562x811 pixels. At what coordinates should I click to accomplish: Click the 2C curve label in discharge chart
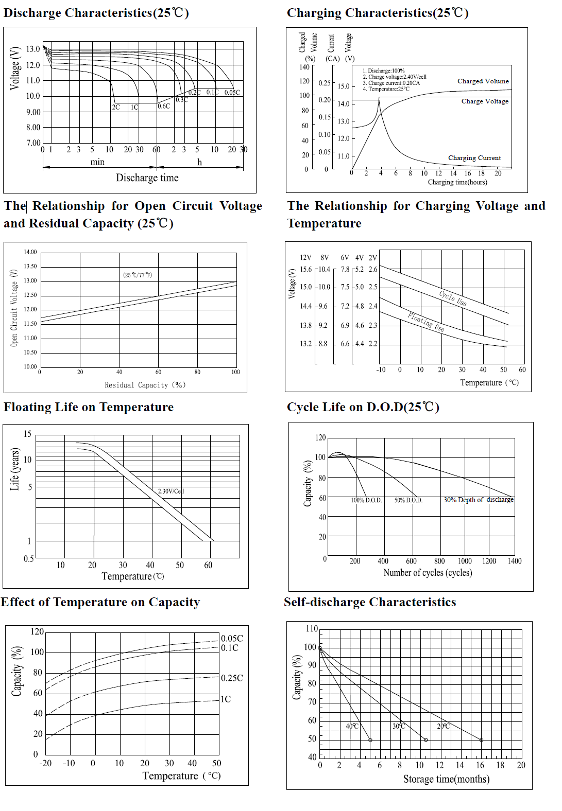pos(116,107)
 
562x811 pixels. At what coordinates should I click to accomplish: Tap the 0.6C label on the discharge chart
pos(164,106)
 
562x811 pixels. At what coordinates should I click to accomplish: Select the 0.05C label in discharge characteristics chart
pos(232,93)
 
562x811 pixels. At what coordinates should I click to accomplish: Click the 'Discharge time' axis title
pos(147,178)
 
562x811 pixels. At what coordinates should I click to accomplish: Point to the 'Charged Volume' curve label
pos(483,81)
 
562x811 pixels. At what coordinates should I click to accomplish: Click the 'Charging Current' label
pos(474,158)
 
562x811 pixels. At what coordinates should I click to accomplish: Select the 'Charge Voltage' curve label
pos(485,101)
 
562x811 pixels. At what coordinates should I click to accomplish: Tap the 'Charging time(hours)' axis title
pos(457,182)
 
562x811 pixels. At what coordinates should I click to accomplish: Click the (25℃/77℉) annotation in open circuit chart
pos(138,275)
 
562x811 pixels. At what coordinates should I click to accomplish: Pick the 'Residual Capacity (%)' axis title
pos(145,385)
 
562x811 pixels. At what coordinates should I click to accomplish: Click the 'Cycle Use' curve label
pos(453,298)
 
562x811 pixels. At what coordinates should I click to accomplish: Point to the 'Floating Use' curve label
pos(426,322)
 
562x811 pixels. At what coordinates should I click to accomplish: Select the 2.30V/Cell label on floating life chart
pos(171,491)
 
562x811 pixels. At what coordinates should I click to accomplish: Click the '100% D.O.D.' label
pos(366,500)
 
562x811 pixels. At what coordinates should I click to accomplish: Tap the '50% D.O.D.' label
pos(408,500)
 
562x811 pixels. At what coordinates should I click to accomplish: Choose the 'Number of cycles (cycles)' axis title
pos(428,573)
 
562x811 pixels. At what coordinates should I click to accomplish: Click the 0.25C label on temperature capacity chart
pos(232,678)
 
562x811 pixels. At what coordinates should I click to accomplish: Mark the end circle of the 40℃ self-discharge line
pos(370,740)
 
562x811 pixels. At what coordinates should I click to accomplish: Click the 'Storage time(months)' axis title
pos(446,779)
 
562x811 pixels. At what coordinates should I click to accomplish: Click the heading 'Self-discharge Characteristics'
pos(370,602)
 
